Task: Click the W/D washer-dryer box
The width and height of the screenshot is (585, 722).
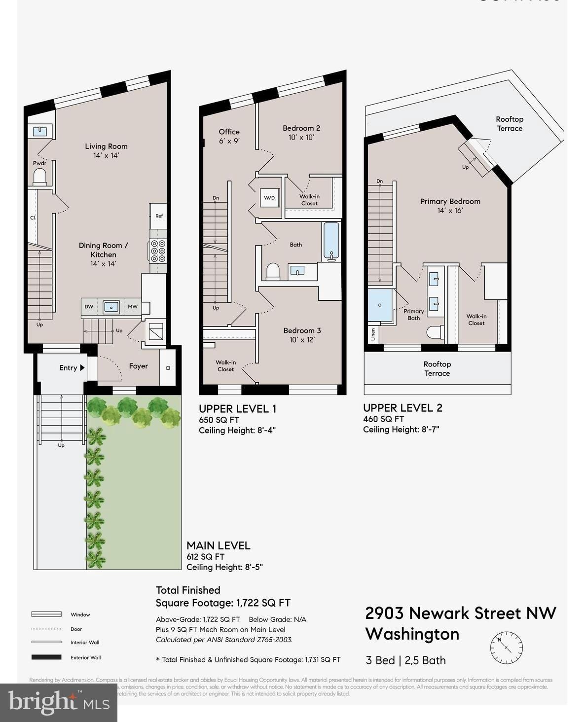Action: (x=269, y=198)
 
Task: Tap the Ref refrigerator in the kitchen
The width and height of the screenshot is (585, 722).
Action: (x=158, y=216)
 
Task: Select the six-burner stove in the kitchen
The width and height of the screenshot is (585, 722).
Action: (x=158, y=251)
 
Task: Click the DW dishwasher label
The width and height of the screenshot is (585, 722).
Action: (x=89, y=307)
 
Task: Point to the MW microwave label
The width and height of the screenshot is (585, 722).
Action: (x=132, y=307)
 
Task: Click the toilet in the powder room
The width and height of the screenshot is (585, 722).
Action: (x=39, y=177)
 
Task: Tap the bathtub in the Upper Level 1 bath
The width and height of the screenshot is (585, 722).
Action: (x=331, y=241)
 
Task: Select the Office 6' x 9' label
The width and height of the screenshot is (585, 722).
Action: (x=229, y=136)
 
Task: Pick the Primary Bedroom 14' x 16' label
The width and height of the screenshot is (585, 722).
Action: (x=450, y=206)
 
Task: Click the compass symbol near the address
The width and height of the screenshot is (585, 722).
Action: (x=506, y=647)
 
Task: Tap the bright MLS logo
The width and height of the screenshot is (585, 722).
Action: (x=59, y=702)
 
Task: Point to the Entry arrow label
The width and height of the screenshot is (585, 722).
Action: (x=72, y=368)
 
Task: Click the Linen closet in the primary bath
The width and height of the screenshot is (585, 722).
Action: (x=373, y=334)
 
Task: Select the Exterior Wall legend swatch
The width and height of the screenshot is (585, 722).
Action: (x=46, y=657)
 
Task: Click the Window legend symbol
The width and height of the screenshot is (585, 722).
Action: (x=46, y=614)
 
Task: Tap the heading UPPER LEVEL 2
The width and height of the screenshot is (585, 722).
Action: (x=402, y=408)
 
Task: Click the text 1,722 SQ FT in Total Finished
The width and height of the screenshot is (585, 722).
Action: (x=263, y=603)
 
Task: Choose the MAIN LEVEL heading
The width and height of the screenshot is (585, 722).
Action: (x=218, y=545)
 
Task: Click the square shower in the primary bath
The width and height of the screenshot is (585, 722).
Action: (x=380, y=305)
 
